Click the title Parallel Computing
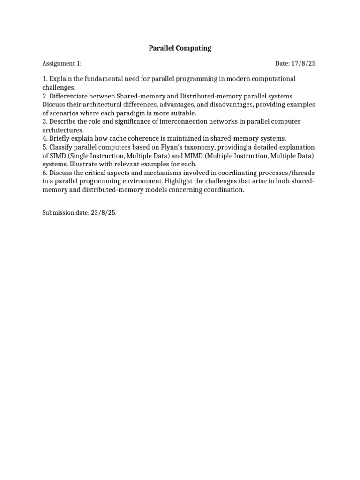[x=180, y=48]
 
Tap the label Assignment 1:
[x=62, y=64]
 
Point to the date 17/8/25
[x=305, y=64]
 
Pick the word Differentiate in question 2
[x=69, y=96]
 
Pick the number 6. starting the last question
[x=45, y=173]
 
